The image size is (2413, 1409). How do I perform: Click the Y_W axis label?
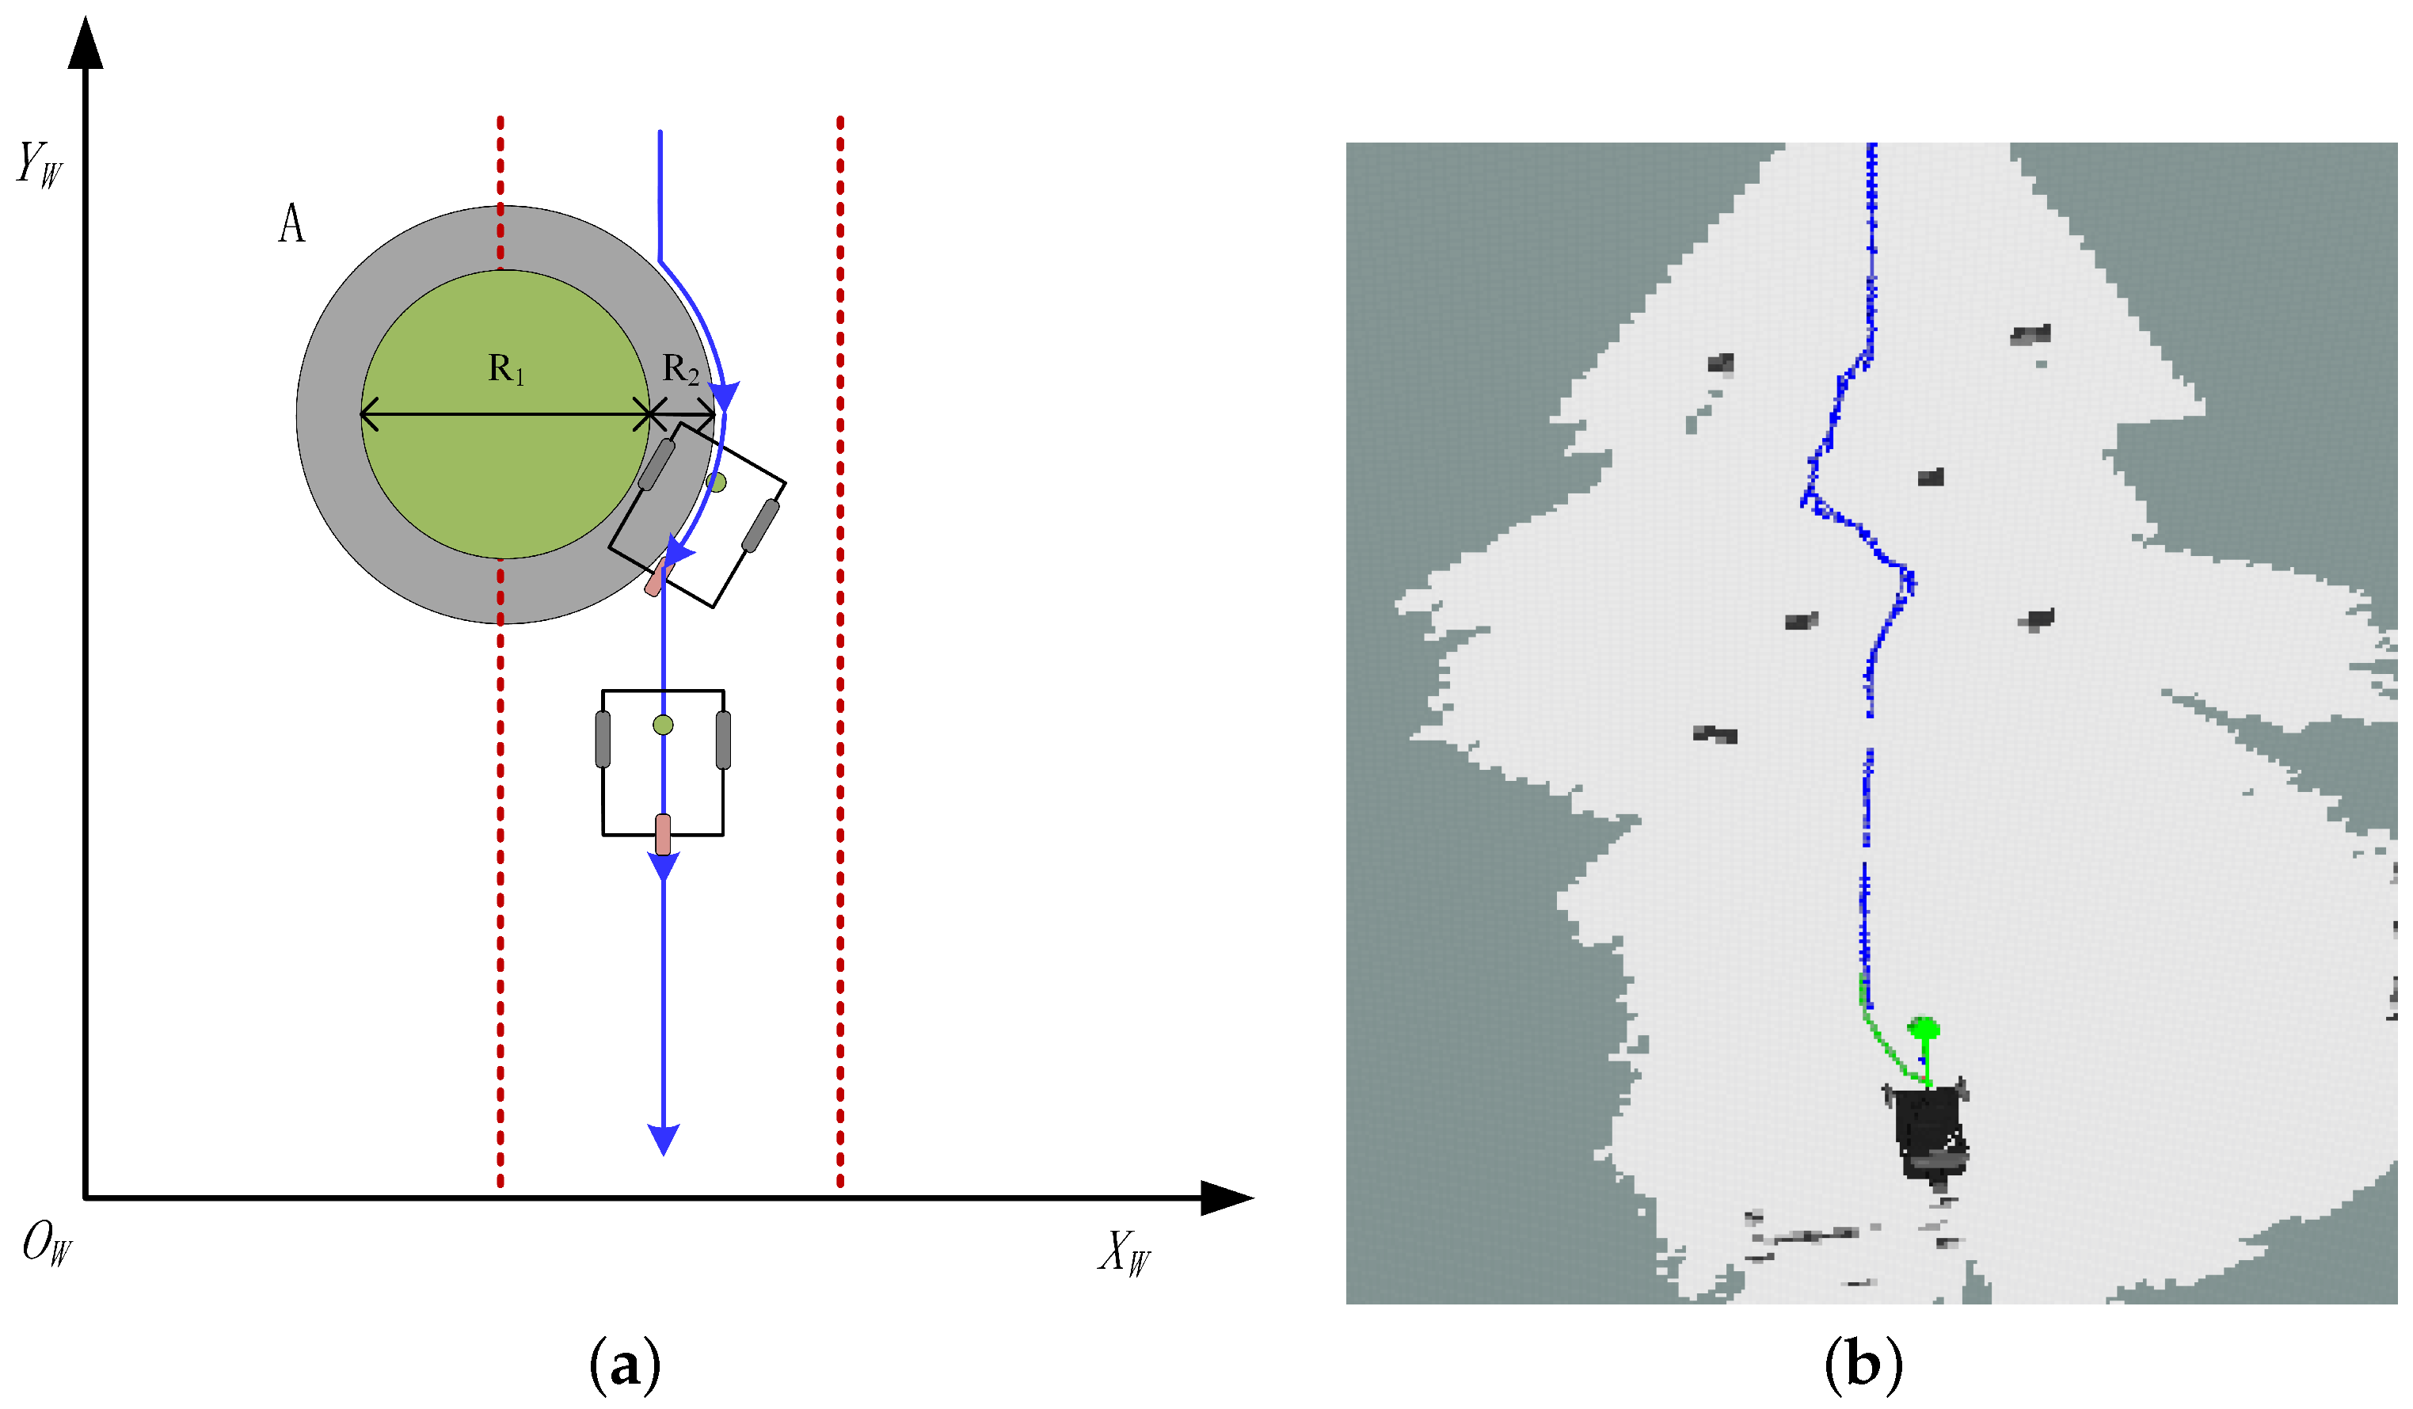click(40, 165)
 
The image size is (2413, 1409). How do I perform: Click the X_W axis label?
click(1125, 1251)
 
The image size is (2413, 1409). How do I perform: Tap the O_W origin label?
click(46, 1243)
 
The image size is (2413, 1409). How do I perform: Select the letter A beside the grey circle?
click(291, 224)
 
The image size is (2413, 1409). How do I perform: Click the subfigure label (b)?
click(1863, 1364)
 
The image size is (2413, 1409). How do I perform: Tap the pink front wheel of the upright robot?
click(663, 834)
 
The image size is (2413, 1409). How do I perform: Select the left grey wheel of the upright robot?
click(603, 740)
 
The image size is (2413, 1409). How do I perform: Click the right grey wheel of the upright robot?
click(723, 740)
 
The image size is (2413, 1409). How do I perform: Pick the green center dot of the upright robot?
click(663, 725)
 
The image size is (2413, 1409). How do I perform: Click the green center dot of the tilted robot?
click(716, 482)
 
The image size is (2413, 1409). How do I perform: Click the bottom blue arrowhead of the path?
click(664, 1139)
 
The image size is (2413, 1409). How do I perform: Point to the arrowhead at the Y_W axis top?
click(86, 43)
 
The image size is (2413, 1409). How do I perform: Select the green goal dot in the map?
click(1924, 1030)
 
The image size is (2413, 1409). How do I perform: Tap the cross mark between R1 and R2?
click(650, 416)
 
